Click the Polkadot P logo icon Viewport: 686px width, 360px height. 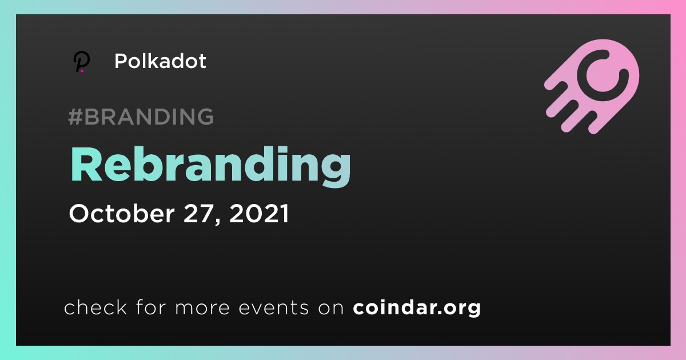82,62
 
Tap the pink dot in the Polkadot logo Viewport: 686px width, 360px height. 82,71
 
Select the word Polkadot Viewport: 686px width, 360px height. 160,61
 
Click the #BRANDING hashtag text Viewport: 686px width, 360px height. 141,117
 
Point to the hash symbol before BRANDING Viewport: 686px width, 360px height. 75,117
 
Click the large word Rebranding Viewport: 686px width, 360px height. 210,166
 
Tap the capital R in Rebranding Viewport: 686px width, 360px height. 86,165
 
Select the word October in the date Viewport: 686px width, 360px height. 122,213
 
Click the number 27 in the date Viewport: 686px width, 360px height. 198,213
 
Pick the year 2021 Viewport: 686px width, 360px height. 259,213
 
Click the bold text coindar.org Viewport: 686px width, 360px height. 417,307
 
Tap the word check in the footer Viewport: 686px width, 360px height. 95,307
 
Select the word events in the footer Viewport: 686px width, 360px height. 273,307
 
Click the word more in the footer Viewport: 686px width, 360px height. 202,307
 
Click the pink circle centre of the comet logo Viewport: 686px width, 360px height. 603,76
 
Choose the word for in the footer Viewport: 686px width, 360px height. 151,307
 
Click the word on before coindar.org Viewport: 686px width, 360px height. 331,307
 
